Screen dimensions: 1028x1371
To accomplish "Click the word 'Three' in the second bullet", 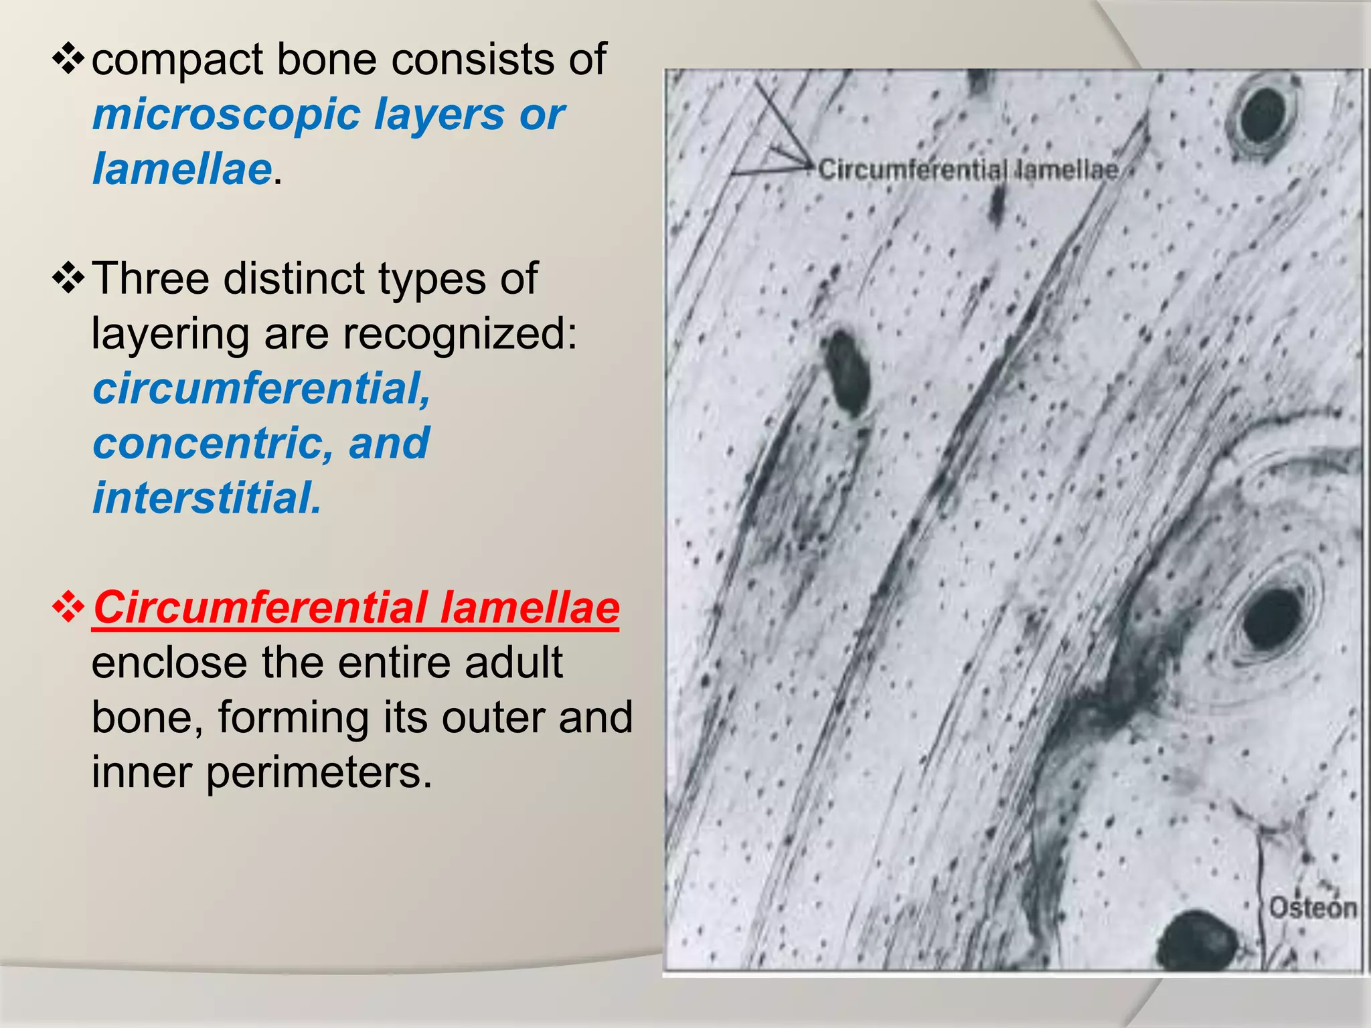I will point(150,278).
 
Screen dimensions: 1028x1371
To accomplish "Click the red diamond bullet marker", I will point(68,608).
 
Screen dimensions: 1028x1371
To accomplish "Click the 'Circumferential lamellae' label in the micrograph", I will point(968,170).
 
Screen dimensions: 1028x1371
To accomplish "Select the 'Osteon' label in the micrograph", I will point(1312,908).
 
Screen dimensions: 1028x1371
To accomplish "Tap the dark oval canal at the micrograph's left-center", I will point(847,372).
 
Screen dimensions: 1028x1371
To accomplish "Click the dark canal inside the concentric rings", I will point(1270,620).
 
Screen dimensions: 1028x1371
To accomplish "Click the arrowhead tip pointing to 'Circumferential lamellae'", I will point(811,163).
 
